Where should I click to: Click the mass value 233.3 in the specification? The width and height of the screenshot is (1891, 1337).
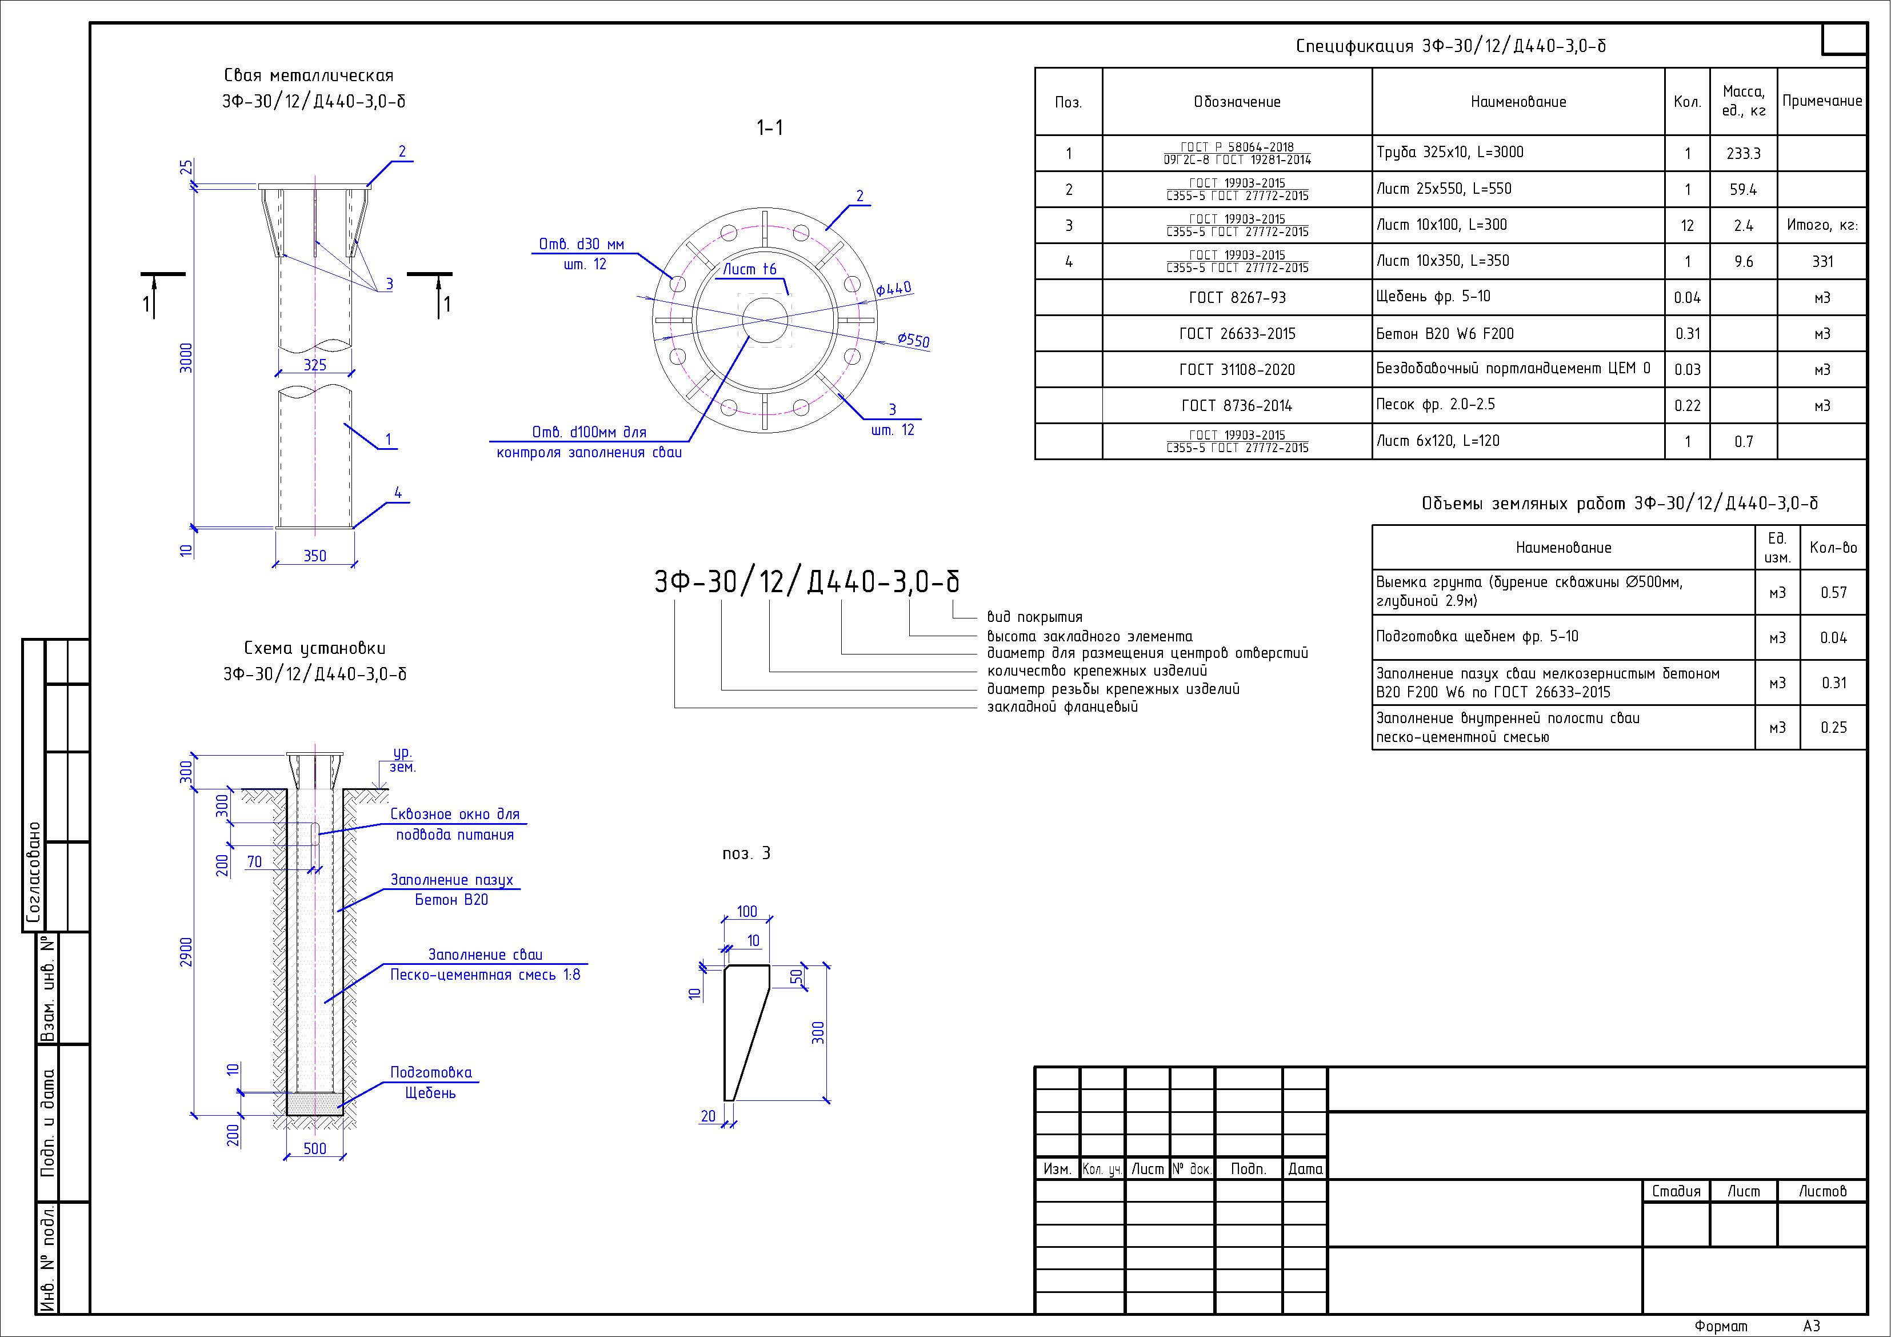(x=1743, y=154)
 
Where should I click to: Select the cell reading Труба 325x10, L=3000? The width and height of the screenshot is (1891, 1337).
(x=1450, y=153)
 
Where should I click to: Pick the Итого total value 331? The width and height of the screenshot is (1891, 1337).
(x=1822, y=262)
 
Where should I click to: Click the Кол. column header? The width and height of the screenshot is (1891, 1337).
(x=1687, y=102)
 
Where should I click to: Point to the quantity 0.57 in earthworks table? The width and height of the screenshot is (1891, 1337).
(x=1833, y=592)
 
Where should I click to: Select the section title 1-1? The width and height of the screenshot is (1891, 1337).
(x=769, y=127)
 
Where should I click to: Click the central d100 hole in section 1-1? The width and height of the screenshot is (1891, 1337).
(x=766, y=320)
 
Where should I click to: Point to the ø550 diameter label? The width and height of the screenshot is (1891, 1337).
(x=913, y=340)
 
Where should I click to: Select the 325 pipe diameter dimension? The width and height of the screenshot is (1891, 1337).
(x=315, y=365)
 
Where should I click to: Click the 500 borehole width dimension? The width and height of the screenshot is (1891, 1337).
(x=315, y=1148)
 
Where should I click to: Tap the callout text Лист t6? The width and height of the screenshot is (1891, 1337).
(x=749, y=269)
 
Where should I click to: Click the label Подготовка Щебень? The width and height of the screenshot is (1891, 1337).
(x=431, y=1083)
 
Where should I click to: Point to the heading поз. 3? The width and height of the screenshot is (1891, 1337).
(x=746, y=853)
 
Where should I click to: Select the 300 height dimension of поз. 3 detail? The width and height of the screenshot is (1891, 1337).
(x=818, y=1032)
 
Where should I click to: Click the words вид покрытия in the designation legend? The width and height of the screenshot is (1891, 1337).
(x=1034, y=617)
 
